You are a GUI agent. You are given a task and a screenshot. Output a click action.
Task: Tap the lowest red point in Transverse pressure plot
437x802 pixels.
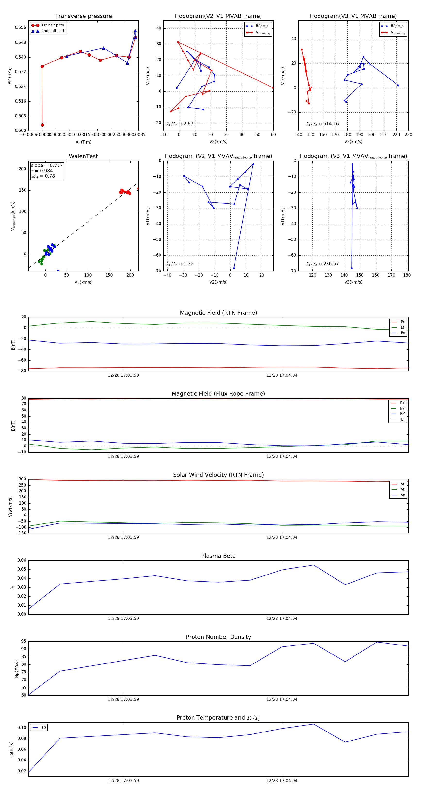tap(42, 125)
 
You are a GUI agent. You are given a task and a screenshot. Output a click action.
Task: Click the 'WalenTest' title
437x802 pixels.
tap(83, 156)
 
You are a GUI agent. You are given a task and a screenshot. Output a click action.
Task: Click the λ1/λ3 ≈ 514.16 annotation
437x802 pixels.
tap(323, 124)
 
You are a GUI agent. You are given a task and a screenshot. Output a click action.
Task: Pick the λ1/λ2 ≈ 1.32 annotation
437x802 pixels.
tap(180, 264)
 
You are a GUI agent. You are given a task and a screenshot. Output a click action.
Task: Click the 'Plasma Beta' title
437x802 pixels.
tap(218, 556)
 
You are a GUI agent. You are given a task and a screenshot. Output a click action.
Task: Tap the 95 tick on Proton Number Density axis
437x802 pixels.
tap(24, 641)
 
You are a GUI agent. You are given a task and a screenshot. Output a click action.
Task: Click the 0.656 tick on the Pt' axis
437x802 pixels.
tap(21, 28)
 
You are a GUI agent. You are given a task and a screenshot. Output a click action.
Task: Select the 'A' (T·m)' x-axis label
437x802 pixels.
tap(83, 142)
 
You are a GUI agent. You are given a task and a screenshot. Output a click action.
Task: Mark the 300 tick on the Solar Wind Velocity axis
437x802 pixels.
tap(22, 479)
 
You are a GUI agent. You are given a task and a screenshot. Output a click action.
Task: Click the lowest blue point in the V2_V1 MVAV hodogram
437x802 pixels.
tap(234, 268)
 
